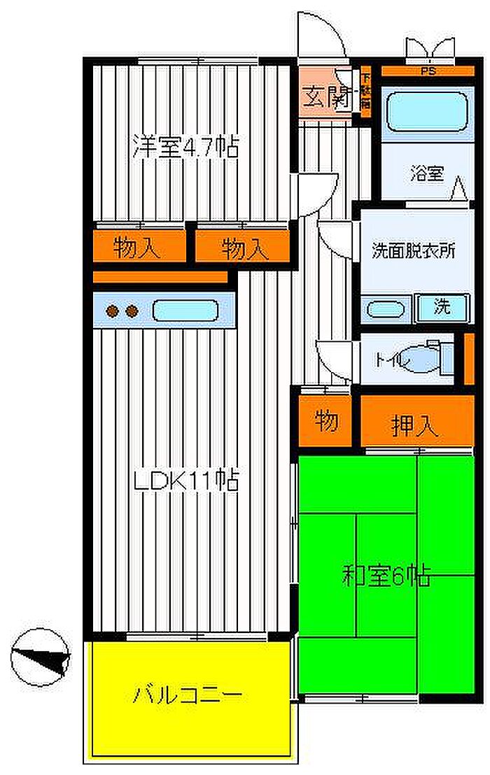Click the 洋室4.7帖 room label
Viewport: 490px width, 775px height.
(x=185, y=148)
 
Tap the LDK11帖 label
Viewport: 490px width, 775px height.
(x=186, y=481)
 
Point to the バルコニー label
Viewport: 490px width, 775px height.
(x=188, y=696)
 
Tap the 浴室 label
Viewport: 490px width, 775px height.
(x=426, y=174)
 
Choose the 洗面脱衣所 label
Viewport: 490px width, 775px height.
(x=413, y=250)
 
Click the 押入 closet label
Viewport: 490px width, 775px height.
(x=414, y=425)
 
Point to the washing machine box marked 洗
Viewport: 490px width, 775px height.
(x=442, y=308)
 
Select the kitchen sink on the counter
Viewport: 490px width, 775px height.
(x=185, y=310)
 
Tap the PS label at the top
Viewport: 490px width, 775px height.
(x=426, y=71)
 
